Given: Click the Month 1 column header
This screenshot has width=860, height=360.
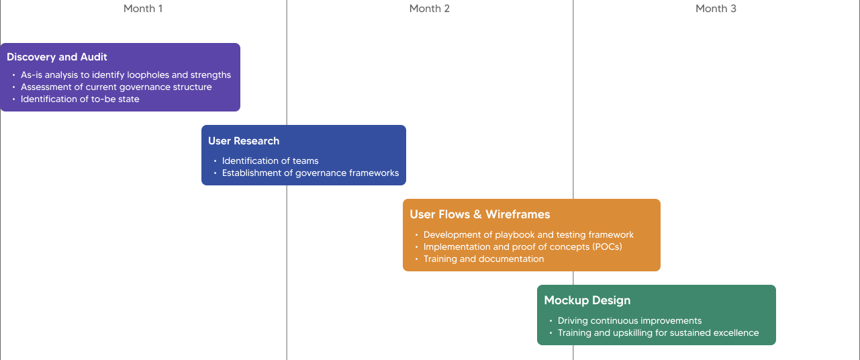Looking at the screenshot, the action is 143,9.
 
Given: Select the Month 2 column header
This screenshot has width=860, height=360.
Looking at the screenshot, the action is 429,9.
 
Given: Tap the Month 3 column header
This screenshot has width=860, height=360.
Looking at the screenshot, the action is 716,9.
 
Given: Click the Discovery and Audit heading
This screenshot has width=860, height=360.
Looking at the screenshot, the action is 57,57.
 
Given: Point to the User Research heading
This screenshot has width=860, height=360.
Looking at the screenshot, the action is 244,141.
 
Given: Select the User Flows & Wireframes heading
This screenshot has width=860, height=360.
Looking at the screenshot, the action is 480,214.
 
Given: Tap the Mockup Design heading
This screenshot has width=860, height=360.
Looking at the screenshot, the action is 587,300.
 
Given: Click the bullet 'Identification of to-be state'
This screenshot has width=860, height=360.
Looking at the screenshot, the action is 80,99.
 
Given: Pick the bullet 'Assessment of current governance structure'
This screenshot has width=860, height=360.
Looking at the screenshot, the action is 116,87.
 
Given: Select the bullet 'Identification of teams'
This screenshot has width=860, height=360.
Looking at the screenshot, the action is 271,161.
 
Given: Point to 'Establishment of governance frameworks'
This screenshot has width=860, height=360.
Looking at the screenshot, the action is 310,173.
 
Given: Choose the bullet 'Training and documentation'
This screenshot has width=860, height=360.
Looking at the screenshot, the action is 484,259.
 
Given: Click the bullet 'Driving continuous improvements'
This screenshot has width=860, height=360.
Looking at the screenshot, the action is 630,321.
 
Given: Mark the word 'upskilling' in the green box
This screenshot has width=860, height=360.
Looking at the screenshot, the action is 634,333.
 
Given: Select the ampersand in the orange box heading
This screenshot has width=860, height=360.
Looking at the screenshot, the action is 477,214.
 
